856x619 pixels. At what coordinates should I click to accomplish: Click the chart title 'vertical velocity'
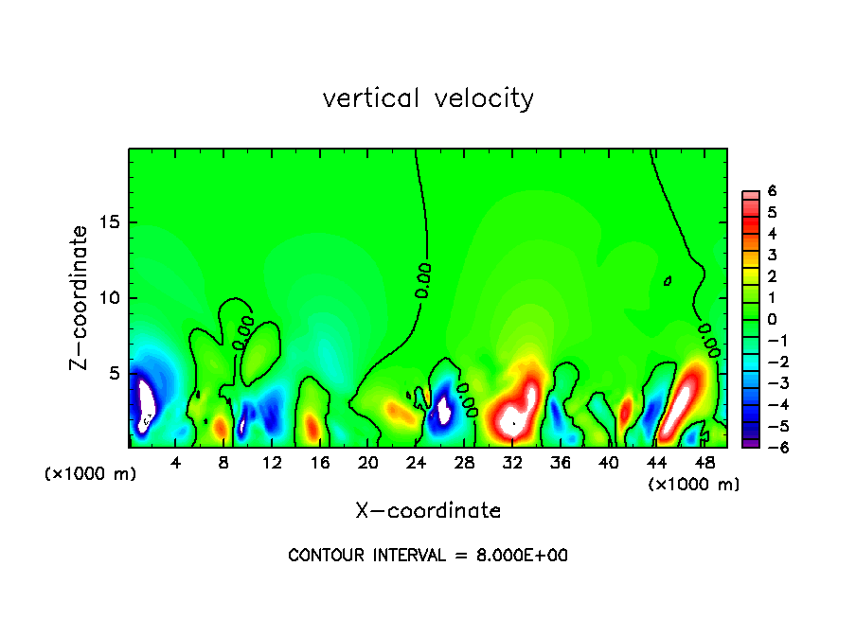(428, 98)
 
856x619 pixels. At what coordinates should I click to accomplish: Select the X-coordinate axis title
(428, 511)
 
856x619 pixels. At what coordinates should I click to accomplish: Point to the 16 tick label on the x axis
(320, 463)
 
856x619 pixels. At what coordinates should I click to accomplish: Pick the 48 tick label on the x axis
(704, 463)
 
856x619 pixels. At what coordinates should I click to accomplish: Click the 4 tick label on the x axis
(176, 463)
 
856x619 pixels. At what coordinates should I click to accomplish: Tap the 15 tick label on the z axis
(107, 223)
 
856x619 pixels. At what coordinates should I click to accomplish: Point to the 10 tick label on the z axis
(107, 298)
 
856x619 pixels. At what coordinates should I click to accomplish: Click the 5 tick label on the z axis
(112, 374)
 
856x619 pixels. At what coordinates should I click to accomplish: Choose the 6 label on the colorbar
(772, 191)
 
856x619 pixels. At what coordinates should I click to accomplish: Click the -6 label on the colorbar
(769, 447)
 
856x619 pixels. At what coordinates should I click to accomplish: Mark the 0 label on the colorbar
(772, 319)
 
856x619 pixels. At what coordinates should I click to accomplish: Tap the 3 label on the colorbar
(772, 255)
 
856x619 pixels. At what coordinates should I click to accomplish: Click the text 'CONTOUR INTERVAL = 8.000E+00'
(428, 556)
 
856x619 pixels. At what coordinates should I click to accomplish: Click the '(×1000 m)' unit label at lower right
(694, 485)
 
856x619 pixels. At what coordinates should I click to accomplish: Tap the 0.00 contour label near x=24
(424, 281)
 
